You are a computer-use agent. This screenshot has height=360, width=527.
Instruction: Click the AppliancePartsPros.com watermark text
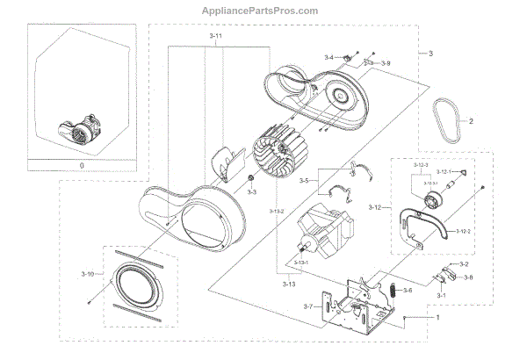point(263,11)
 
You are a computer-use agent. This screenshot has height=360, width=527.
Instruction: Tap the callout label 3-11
point(216,39)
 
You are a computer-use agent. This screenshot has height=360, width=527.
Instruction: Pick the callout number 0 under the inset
point(81,165)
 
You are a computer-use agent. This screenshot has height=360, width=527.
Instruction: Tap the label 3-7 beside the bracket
point(308,306)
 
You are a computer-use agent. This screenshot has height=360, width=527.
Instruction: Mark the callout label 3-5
point(303,182)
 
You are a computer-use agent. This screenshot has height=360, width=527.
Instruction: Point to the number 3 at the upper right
point(430,54)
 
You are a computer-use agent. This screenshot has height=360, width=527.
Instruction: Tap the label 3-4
point(328,57)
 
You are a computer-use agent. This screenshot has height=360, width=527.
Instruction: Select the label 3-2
point(464,264)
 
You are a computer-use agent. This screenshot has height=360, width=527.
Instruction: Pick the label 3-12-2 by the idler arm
point(465,231)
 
